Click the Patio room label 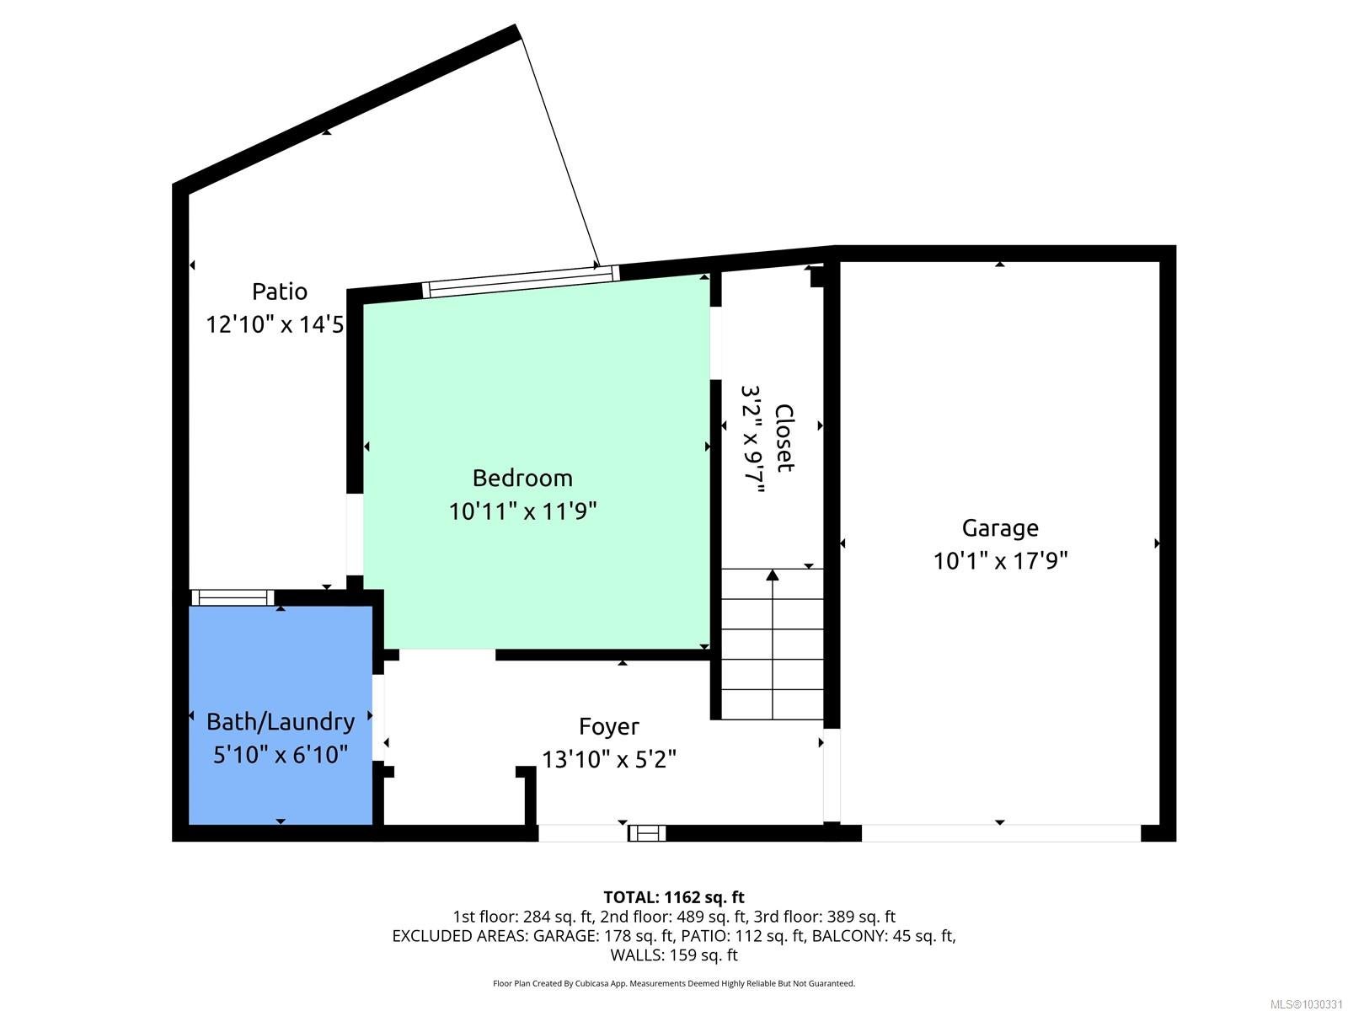point(280,292)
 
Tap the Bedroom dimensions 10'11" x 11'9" point(522,511)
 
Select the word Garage point(1000,528)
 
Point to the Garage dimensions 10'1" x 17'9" point(1000,561)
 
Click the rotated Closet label point(784,438)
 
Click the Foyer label point(608,727)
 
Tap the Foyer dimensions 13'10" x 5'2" point(608,759)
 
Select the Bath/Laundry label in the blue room point(281,722)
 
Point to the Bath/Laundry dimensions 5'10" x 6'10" point(281,754)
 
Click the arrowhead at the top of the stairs point(773,575)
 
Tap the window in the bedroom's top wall point(521,281)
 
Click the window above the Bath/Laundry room point(233,598)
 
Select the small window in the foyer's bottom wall point(647,833)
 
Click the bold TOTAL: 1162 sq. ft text point(674,897)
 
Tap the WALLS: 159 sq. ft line point(674,955)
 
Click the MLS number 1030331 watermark point(1306,1004)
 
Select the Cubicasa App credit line point(674,983)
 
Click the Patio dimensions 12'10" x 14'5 point(275,324)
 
